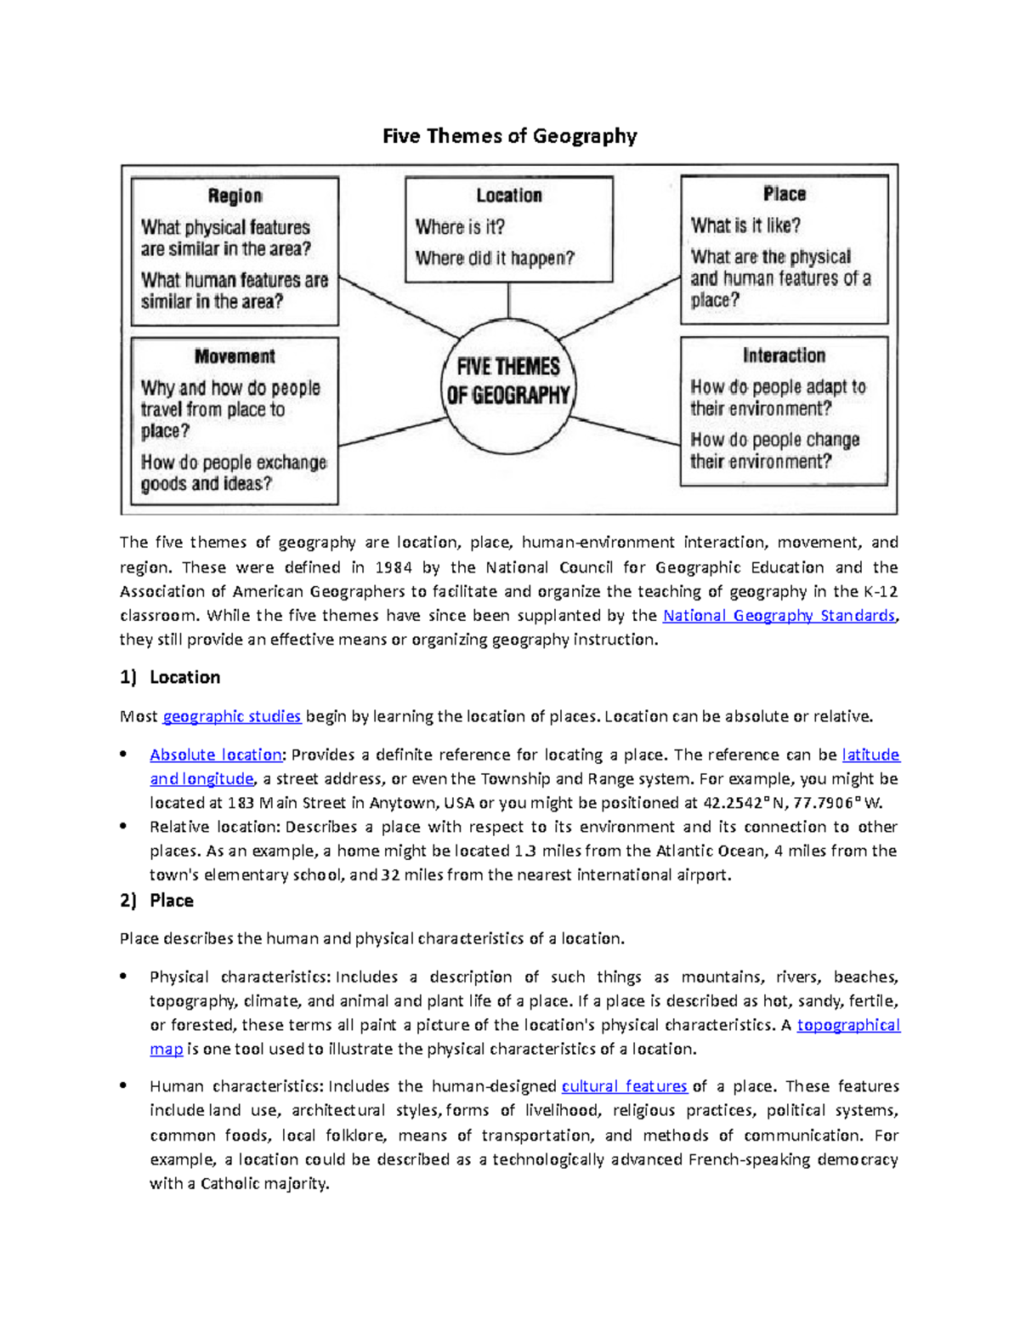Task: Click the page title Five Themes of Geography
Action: [509, 136]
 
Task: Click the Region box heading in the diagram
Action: [235, 196]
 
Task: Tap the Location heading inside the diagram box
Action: [508, 196]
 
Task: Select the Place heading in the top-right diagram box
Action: [784, 195]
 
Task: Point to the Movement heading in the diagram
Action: [235, 356]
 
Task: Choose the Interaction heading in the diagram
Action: [784, 356]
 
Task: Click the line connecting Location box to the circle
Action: [508, 300]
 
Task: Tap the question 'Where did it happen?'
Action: [495, 258]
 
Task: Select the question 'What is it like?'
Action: [745, 225]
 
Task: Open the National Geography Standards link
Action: [779, 615]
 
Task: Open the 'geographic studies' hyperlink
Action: [231, 716]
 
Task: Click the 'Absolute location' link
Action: [216, 754]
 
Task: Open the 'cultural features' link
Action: [624, 1086]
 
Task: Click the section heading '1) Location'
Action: [170, 677]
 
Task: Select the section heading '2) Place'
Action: [157, 900]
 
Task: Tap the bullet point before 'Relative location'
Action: [124, 826]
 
